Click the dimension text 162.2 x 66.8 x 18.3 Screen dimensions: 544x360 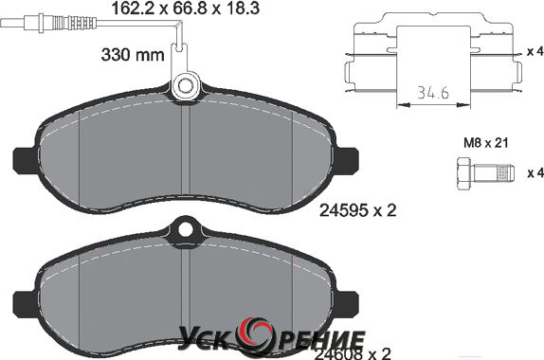(x=186, y=9)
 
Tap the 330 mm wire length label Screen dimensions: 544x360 (x=133, y=54)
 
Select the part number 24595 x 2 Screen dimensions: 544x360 (x=357, y=209)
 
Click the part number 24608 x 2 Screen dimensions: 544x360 (x=353, y=353)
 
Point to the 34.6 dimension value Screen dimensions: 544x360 (x=433, y=93)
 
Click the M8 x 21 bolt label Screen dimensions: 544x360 (x=485, y=142)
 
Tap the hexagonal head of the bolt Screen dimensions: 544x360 (x=463, y=173)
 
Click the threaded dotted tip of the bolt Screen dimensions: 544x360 (x=505, y=173)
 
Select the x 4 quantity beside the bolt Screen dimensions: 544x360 (x=535, y=172)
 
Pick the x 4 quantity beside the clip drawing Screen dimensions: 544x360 (x=535, y=52)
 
